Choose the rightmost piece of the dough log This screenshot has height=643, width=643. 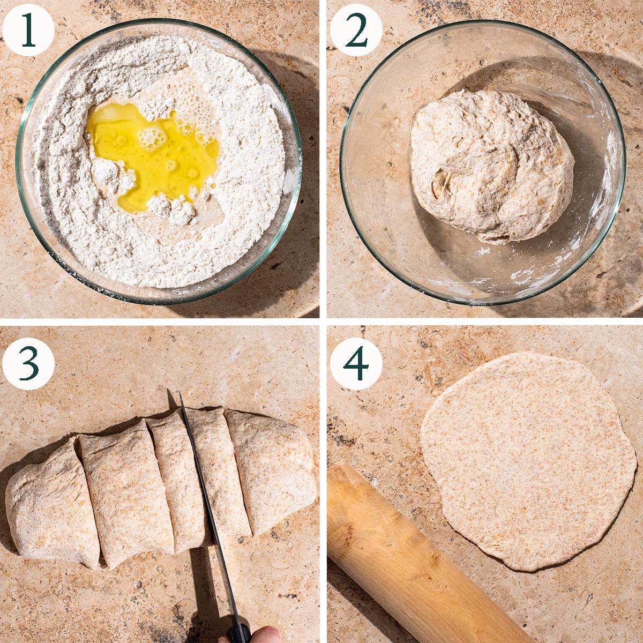pos(272,470)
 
